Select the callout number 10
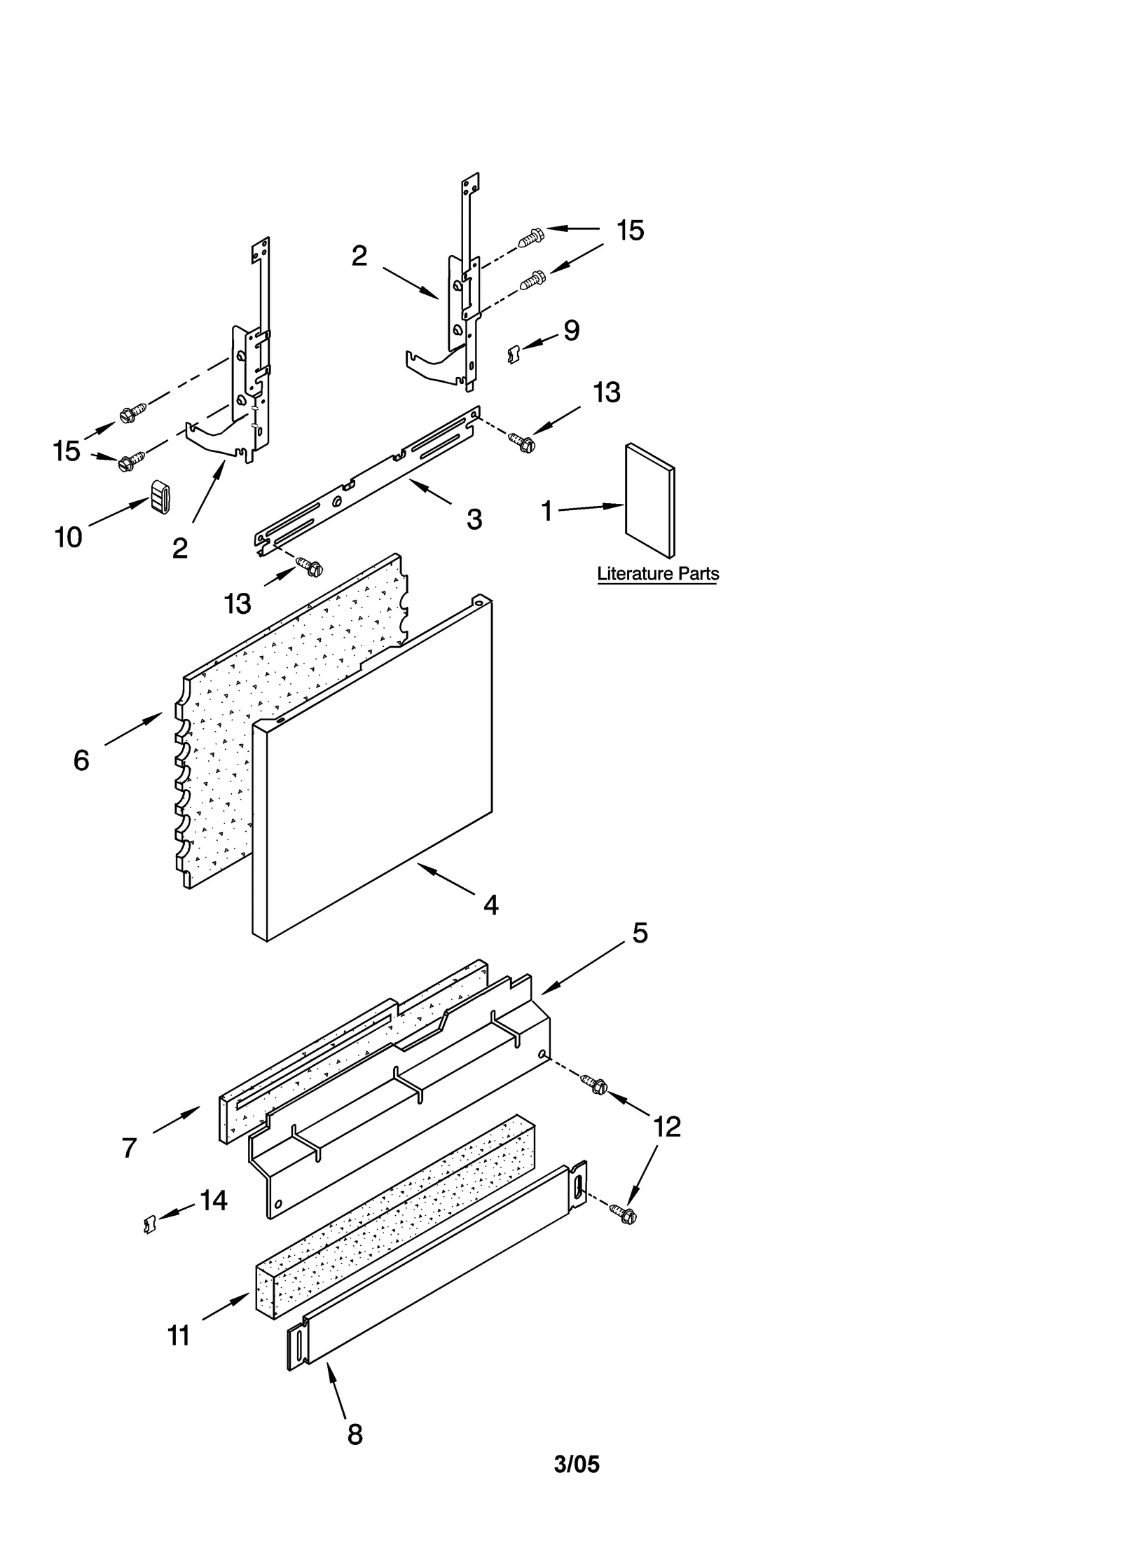69,537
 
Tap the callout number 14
214,1200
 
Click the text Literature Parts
657,574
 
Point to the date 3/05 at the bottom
577,1464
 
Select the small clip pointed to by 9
513,355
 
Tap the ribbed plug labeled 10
160,496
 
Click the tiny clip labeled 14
149,1224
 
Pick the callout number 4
491,905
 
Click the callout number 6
81,760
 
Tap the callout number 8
355,1435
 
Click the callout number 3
474,520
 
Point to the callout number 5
640,933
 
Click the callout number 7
129,1148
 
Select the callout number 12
666,1127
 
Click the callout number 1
548,511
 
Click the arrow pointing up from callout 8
336,1387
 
